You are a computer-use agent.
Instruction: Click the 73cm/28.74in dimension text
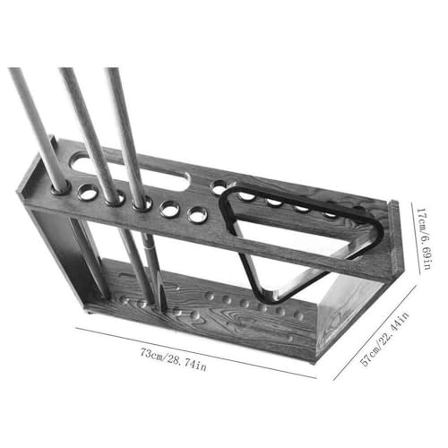pos(173,359)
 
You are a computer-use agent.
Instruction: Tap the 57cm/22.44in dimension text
pos(384,339)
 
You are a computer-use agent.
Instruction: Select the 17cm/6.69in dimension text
pos(424,239)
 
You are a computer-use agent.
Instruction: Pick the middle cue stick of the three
pos(90,134)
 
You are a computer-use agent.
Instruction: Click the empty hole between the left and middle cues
pos(88,193)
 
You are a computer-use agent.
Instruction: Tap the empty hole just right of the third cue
pos(169,209)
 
